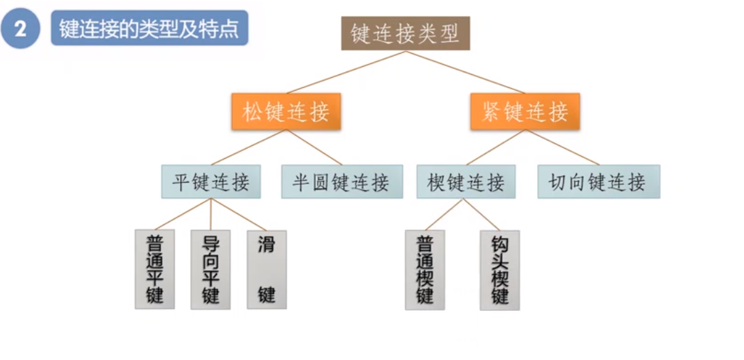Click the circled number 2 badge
21,31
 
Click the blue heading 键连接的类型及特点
149,31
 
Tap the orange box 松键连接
286,112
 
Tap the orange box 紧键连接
524,112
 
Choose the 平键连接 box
211,182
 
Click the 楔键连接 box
466,182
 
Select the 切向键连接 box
598,182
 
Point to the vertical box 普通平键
154,269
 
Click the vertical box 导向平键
210,269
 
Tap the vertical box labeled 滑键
266,269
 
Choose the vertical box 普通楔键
425,269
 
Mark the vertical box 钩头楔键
499,269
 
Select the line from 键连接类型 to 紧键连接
464,72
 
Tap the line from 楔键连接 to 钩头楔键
482,214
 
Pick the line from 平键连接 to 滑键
239,214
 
